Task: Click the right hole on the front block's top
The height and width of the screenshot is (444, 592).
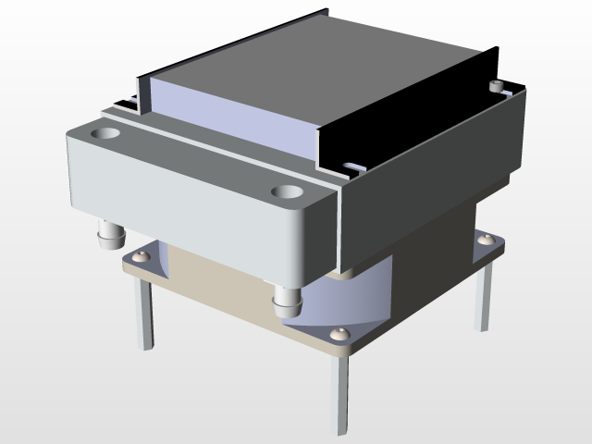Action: coord(289,194)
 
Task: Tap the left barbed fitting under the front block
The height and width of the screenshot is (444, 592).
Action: coord(110,234)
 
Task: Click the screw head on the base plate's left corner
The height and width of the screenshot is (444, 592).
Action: coord(141,255)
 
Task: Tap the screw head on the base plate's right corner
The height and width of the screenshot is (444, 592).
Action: coord(486,241)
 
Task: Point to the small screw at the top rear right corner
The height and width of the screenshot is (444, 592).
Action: coord(499,85)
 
